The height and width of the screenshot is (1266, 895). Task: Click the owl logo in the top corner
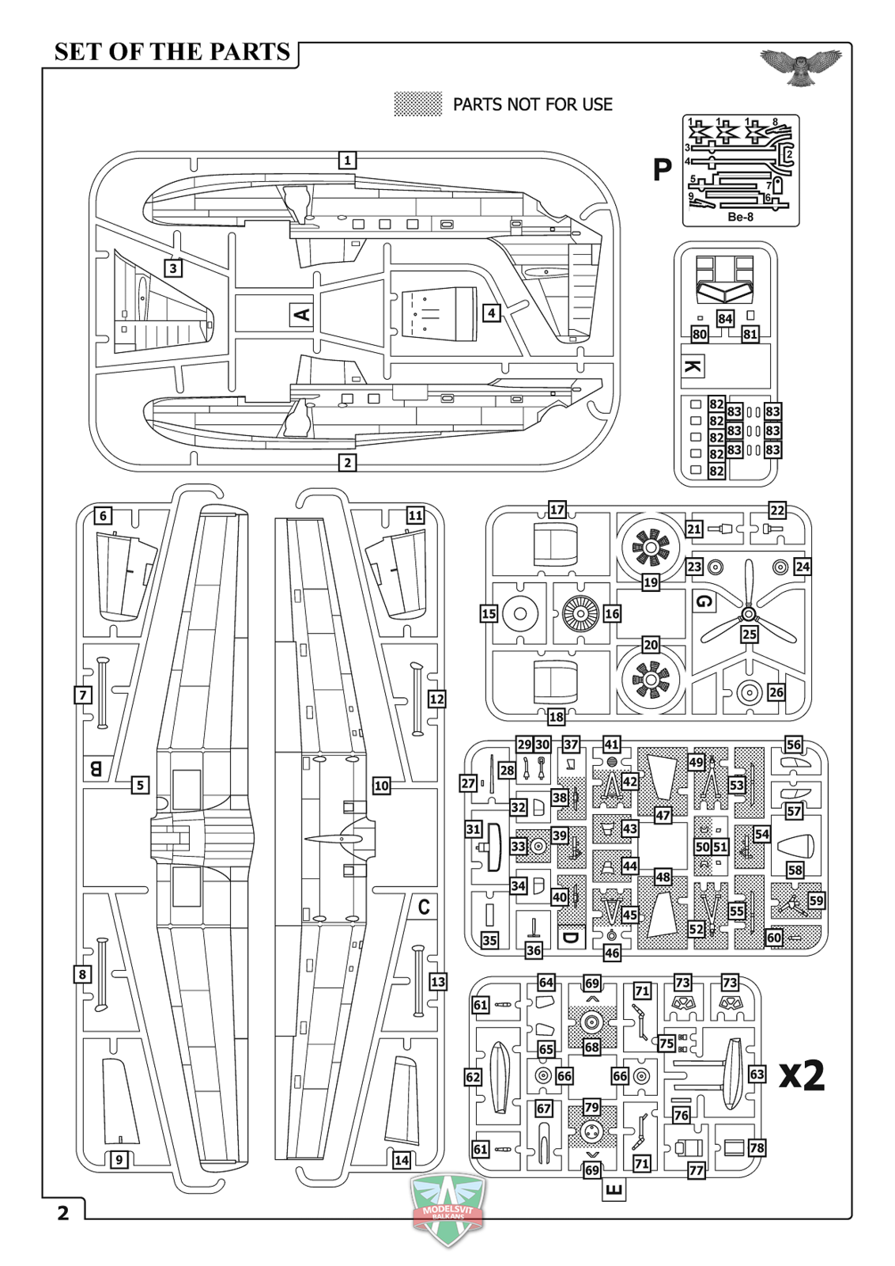[x=800, y=65]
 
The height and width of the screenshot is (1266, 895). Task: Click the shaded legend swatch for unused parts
[x=417, y=104]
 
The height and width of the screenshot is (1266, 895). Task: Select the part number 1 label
[x=347, y=160]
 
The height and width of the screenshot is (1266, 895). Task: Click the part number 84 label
[x=725, y=318]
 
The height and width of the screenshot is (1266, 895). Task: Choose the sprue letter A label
[x=301, y=314]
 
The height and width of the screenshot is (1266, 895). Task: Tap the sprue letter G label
[x=704, y=601]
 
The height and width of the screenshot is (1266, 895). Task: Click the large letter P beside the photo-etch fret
[x=662, y=169]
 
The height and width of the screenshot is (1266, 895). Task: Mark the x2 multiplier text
[x=801, y=1075]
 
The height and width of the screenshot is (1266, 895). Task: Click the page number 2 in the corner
[x=63, y=1212]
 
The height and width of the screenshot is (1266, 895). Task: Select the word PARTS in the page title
[x=244, y=52]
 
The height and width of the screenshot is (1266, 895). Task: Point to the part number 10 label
[x=381, y=785]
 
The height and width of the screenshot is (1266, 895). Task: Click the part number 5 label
[x=140, y=785]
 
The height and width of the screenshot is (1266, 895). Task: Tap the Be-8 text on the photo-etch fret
[x=740, y=217]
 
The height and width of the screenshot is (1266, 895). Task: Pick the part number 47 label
[x=663, y=814]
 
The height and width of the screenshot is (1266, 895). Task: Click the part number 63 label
[x=757, y=1074]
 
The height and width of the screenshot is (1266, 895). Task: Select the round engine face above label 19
[x=650, y=545]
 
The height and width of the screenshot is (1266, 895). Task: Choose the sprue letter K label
[x=692, y=366]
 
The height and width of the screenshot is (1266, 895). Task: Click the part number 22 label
[x=777, y=510]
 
